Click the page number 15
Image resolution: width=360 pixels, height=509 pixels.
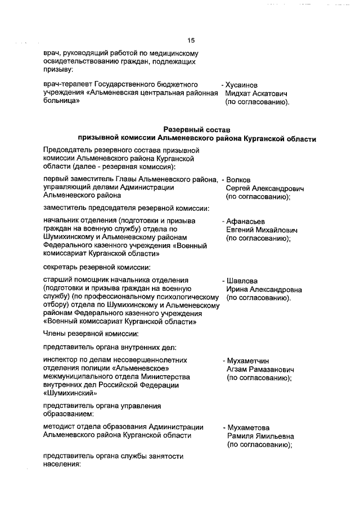(x=191, y=40)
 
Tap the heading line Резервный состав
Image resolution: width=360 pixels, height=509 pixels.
(x=196, y=130)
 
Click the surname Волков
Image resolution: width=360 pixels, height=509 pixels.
(x=238, y=179)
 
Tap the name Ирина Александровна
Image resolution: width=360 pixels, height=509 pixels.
(x=264, y=289)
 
